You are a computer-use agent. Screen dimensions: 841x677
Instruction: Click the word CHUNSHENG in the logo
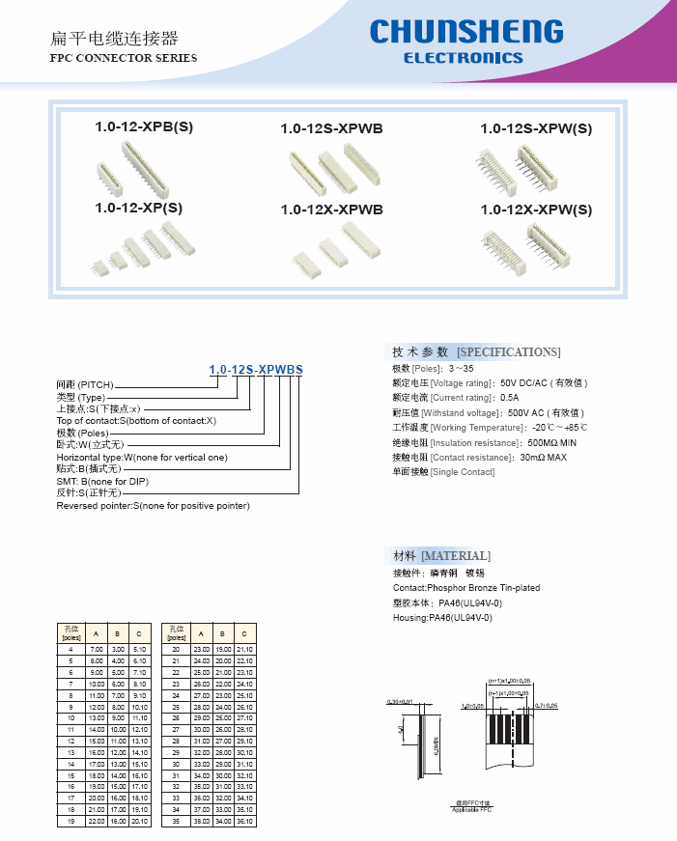(x=465, y=32)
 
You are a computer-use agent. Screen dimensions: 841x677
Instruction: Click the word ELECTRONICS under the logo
(x=463, y=58)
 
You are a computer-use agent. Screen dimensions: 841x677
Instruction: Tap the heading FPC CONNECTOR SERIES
(x=123, y=58)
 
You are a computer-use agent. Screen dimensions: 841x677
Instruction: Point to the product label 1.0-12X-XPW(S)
(x=536, y=210)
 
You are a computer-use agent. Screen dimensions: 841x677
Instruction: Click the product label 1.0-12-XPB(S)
(x=144, y=126)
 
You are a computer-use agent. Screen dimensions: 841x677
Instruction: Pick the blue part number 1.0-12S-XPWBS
(x=256, y=370)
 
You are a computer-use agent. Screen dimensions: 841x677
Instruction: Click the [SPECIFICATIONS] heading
(x=508, y=351)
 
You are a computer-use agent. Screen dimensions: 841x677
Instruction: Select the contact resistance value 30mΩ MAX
(x=543, y=457)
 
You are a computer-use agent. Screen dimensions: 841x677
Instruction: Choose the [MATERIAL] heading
(x=455, y=556)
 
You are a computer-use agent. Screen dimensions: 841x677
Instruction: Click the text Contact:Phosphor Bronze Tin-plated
(x=466, y=587)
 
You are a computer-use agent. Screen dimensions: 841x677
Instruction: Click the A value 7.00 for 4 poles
(x=97, y=650)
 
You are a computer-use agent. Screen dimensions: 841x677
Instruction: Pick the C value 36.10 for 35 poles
(x=244, y=821)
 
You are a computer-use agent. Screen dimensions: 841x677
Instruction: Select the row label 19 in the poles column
(x=71, y=821)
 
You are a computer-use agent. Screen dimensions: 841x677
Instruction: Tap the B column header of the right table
(x=223, y=633)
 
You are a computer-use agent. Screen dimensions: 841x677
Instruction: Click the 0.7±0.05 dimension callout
(x=546, y=705)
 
